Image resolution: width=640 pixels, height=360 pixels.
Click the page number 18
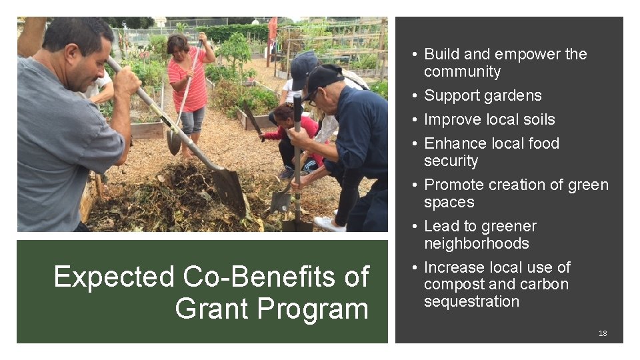point(602,333)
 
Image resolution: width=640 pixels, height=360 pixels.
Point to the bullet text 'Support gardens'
point(483,95)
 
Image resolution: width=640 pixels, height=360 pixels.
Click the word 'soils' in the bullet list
point(537,119)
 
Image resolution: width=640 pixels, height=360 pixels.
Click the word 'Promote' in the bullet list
point(451,185)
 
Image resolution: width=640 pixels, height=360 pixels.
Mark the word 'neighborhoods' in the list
point(476,243)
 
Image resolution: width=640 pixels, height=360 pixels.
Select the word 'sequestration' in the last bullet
point(471,301)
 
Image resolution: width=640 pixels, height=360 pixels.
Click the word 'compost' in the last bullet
point(450,284)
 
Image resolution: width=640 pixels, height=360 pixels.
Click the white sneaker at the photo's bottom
point(329,223)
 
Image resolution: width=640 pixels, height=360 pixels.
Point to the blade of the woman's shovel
point(173,142)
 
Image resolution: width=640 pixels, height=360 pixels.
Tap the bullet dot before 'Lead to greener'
point(415,227)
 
